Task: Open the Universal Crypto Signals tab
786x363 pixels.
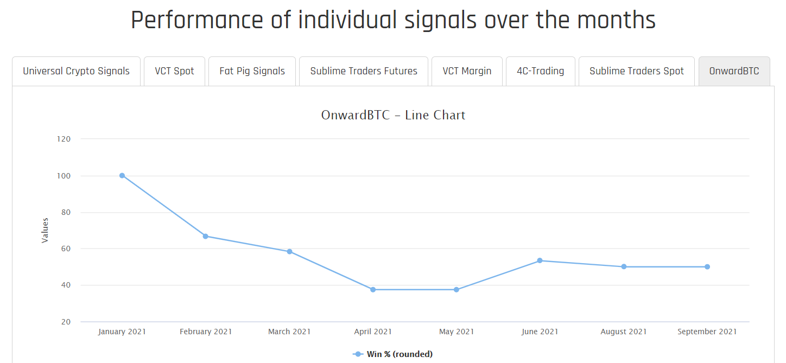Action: (76, 71)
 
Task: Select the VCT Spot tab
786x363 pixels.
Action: (174, 71)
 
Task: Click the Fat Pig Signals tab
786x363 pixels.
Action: (252, 71)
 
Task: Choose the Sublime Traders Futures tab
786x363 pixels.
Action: (364, 71)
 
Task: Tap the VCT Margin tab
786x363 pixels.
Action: (467, 71)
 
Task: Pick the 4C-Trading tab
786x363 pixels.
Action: (540, 71)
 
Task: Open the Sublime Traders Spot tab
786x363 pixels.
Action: (637, 71)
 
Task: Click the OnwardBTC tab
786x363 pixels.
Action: (734, 71)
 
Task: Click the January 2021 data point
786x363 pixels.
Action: (122, 175)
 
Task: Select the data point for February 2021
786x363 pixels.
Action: (206, 236)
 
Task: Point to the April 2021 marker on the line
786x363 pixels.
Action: (373, 290)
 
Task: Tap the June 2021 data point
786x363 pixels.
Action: (540, 260)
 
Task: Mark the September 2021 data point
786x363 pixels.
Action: (707, 266)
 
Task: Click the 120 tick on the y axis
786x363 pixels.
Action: (64, 139)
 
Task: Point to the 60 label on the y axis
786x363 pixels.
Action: (65, 249)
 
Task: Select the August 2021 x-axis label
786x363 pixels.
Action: (624, 332)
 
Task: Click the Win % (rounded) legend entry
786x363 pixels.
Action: (393, 354)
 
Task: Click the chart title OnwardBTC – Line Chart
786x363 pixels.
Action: (393, 115)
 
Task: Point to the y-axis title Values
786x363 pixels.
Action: (45, 230)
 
